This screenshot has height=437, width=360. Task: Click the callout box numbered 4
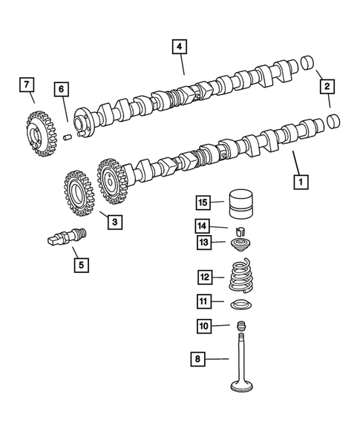178,47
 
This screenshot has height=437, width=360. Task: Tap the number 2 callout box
326,88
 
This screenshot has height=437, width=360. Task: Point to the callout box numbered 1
301,180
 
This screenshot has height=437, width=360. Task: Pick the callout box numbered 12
205,277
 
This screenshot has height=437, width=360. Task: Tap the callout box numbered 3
114,220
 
